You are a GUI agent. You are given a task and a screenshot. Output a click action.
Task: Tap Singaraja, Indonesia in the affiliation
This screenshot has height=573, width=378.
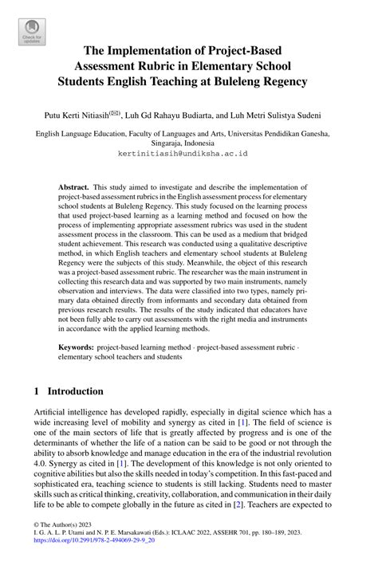click(188, 142)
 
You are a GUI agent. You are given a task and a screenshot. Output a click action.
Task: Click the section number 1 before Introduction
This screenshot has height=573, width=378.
click(38, 392)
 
